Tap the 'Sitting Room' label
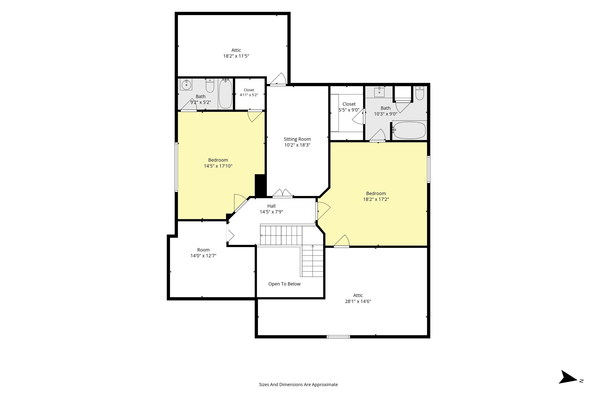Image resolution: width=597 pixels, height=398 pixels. tap(297, 139)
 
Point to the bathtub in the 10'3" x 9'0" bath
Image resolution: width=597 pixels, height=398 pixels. tap(409, 130)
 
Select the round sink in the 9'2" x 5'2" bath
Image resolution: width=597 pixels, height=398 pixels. tap(186, 85)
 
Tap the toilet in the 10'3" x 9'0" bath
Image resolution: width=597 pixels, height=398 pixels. tap(420, 93)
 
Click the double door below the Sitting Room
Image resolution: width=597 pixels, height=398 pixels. tap(283, 193)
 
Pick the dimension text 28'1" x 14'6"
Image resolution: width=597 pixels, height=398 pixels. tap(358, 301)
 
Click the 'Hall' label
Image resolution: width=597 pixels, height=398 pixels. tap(271, 206)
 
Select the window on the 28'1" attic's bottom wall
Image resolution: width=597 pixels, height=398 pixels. tap(338, 337)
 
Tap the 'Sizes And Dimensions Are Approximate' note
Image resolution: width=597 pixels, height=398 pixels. tap(298, 385)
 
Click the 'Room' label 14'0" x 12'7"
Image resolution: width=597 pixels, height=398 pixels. tap(203, 250)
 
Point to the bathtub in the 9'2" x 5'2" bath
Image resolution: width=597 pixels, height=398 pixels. tap(225, 94)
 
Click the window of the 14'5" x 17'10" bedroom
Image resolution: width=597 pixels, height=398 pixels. tap(176, 167)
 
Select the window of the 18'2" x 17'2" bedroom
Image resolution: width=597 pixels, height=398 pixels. tap(429, 169)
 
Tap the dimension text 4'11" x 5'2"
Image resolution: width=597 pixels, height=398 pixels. tap(249, 95)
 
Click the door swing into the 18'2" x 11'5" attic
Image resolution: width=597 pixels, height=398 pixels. tap(278, 79)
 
